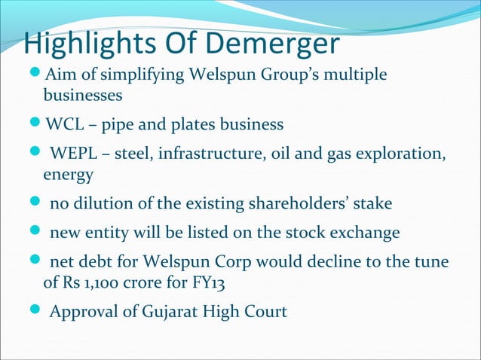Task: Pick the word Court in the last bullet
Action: click(265, 310)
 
